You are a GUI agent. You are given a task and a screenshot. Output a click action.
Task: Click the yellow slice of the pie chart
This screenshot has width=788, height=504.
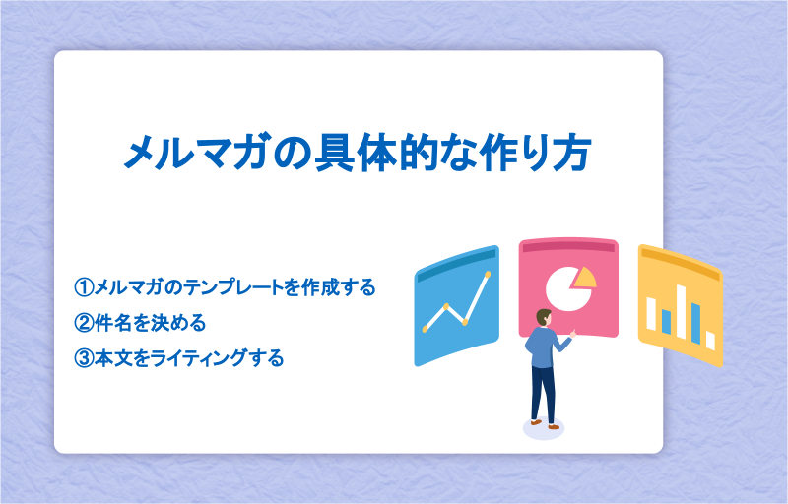tap(586, 279)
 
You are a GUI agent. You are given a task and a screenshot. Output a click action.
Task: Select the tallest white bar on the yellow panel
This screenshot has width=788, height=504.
tap(681, 311)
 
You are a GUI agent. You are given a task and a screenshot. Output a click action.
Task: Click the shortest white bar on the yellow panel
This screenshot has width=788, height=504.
tap(710, 341)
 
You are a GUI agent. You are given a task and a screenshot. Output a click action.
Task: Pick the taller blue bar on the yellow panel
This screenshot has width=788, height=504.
tap(696, 323)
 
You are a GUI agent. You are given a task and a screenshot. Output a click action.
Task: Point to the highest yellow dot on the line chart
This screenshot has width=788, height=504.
tap(487, 274)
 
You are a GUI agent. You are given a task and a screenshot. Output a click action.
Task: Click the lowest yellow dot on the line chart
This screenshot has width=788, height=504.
tap(426, 329)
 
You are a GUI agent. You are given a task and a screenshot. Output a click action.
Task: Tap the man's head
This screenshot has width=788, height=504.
tap(544, 317)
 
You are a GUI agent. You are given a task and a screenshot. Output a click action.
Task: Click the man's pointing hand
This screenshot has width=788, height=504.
tap(573, 334)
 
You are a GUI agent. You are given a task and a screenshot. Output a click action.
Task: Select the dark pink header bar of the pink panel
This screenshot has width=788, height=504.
tap(568, 247)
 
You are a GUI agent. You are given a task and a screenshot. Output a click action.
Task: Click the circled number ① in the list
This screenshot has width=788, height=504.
tap(84, 287)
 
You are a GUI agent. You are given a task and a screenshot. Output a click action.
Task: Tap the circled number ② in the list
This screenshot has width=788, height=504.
tap(84, 323)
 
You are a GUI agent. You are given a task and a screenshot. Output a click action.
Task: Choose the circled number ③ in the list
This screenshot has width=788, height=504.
tap(84, 358)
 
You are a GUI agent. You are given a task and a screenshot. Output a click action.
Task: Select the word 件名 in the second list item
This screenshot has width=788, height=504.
tap(113, 323)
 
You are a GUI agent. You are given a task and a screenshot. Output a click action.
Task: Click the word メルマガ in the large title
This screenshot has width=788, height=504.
tap(195, 151)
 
